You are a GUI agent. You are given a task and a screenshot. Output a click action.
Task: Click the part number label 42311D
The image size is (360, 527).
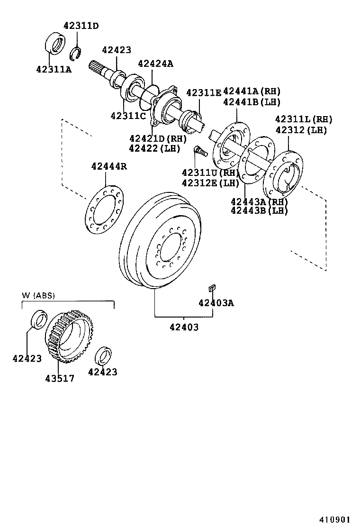click(x=81, y=26)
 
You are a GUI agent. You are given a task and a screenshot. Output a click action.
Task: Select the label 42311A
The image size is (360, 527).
click(x=54, y=69)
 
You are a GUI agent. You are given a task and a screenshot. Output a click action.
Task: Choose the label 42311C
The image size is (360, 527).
click(x=128, y=116)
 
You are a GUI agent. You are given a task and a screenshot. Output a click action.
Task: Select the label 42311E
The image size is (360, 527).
click(x=204, y=92)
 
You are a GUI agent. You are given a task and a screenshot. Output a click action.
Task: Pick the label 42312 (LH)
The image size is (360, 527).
click(x=301, y=130)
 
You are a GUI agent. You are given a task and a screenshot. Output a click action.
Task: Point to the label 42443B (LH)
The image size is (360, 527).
click(x=259, y=211)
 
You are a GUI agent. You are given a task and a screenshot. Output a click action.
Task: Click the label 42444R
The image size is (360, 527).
click(x=109, y=166)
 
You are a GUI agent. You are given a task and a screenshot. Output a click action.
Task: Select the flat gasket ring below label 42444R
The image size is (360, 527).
click(x=104, y=209)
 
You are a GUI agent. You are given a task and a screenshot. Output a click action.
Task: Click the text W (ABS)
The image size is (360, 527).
click(x=38, y=295)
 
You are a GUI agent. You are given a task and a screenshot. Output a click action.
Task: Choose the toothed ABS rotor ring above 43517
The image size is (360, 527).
click(x=70, y=334)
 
